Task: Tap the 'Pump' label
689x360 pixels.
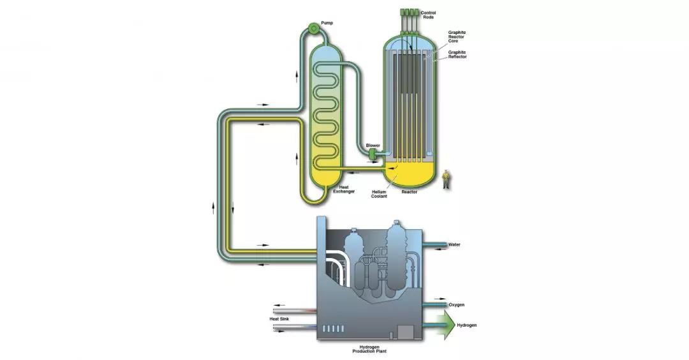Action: point(327,23)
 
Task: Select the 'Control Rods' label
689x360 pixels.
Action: point(428,15)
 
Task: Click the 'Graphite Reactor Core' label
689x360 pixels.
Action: point(457,36)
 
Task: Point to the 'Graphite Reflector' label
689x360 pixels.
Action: point(457,54)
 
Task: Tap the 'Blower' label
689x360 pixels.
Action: point(373,146)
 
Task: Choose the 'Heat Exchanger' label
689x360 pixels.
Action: point(344,189)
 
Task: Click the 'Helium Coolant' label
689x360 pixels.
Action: point(379,194)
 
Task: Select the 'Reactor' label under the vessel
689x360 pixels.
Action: point(410,192)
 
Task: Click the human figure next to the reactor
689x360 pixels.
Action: point(446,179)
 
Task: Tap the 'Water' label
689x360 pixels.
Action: point(454,244)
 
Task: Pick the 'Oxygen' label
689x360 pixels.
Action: point(457,304)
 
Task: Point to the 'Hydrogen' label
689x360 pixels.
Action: point(466,326)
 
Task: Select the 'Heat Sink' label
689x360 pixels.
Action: point(279,319)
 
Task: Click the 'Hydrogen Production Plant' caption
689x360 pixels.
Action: point(369,349)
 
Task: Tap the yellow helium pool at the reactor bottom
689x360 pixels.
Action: point(409,174)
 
